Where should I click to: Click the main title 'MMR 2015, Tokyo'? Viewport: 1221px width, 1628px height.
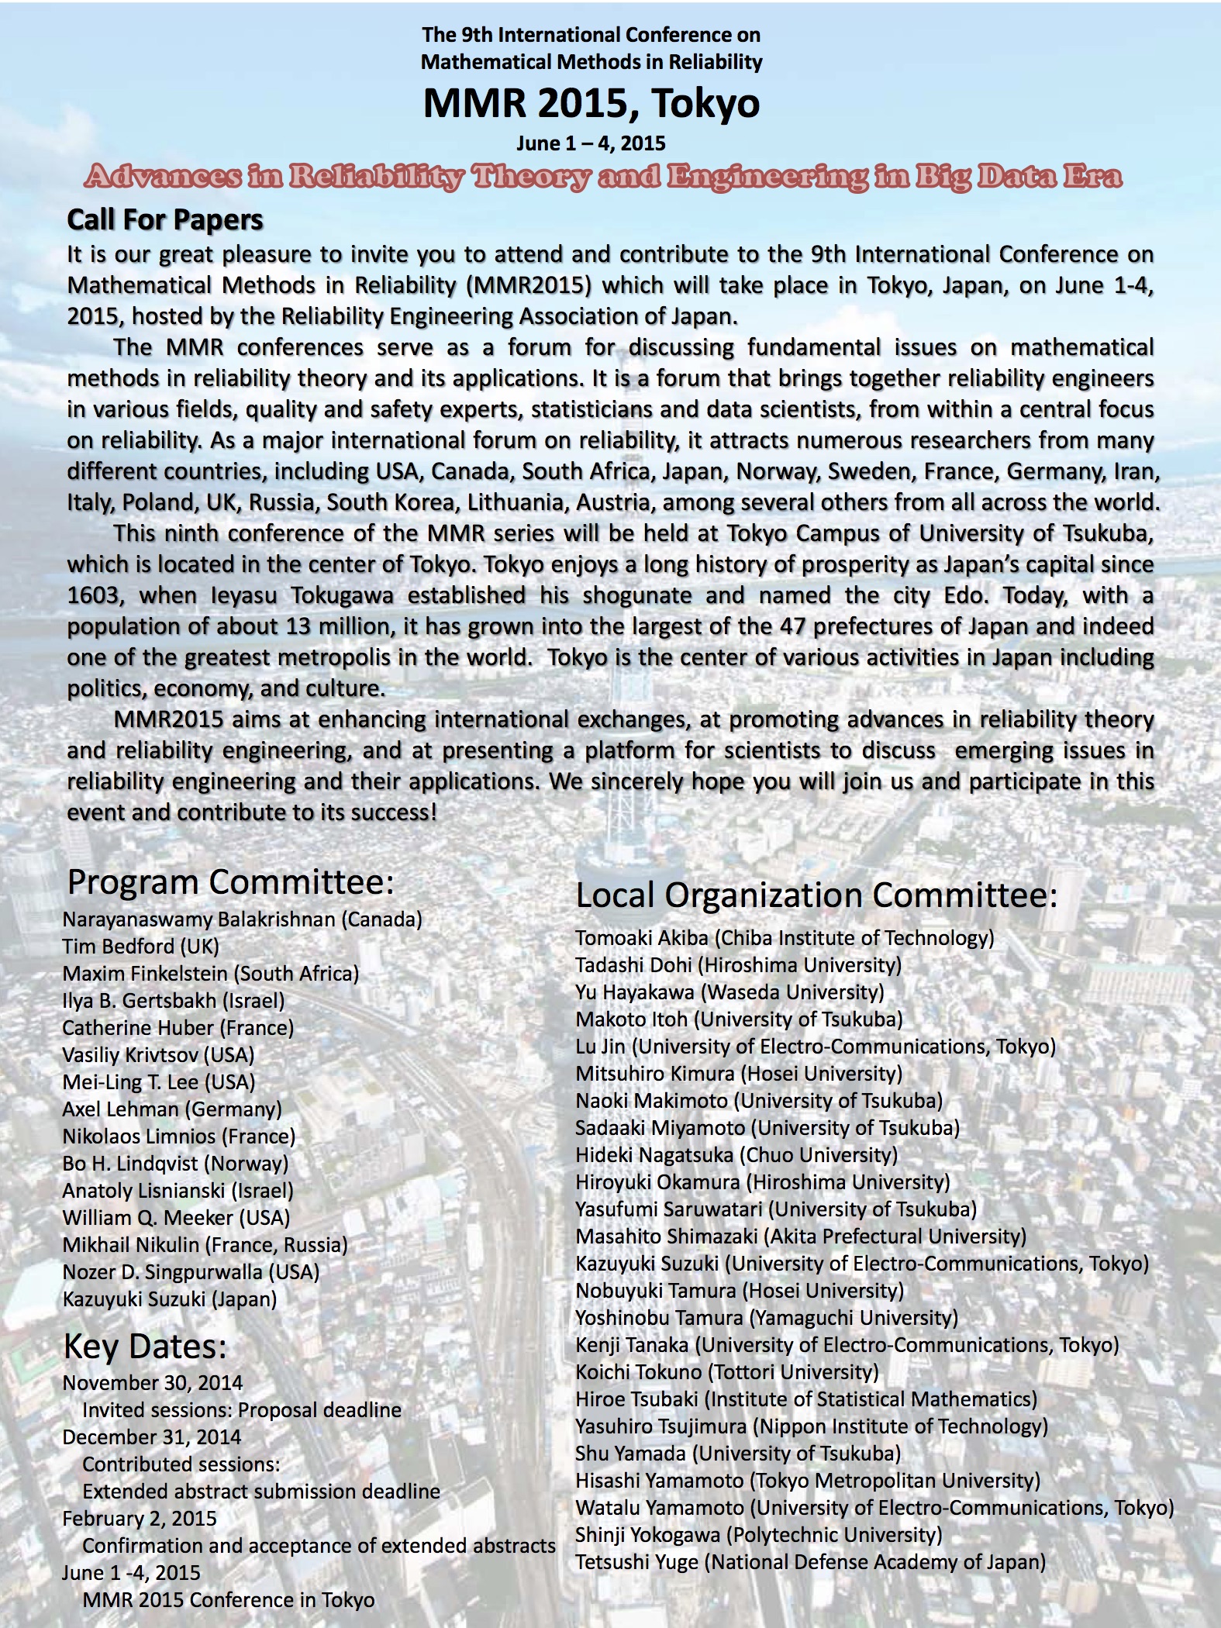[x=591, y=104]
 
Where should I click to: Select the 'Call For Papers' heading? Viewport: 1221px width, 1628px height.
[x=165, y=220]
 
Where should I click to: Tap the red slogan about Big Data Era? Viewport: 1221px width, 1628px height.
[x=603, y=177]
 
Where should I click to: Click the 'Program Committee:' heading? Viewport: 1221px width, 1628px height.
[x=231, y=882]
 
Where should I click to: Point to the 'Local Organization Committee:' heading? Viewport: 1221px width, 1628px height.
[x=816, y=895]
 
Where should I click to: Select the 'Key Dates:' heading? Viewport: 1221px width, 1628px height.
[x=145, y=1347]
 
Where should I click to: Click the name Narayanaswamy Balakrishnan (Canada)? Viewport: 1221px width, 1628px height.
[x=242, y=919]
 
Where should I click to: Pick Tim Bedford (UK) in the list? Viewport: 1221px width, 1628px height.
[x=141, y=947]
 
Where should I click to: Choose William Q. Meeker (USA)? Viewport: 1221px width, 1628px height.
[x=176, y=1218]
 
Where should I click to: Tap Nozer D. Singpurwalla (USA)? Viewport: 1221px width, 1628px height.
[x=191, y=1272]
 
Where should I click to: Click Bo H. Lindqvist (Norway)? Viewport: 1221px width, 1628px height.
[x=175, y=1164]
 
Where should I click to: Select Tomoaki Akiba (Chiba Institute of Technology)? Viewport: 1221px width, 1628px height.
[x=785, y=938]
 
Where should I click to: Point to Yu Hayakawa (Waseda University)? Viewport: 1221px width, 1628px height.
[x=729, y=992]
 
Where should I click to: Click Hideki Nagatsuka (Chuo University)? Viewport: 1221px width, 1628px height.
[x=736, y=1155]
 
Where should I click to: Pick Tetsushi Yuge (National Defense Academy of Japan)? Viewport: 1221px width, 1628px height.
[x=810, y=1562]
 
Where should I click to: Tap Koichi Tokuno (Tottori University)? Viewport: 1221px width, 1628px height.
[x=727, y=1372]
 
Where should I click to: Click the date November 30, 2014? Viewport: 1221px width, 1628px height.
[x=153, y=1383]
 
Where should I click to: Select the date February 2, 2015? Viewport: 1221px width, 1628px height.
[x=140, y=1519]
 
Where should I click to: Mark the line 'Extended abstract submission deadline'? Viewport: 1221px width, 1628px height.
[x=261, y=1492]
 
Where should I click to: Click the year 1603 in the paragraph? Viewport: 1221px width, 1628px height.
[x=94, y=595]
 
